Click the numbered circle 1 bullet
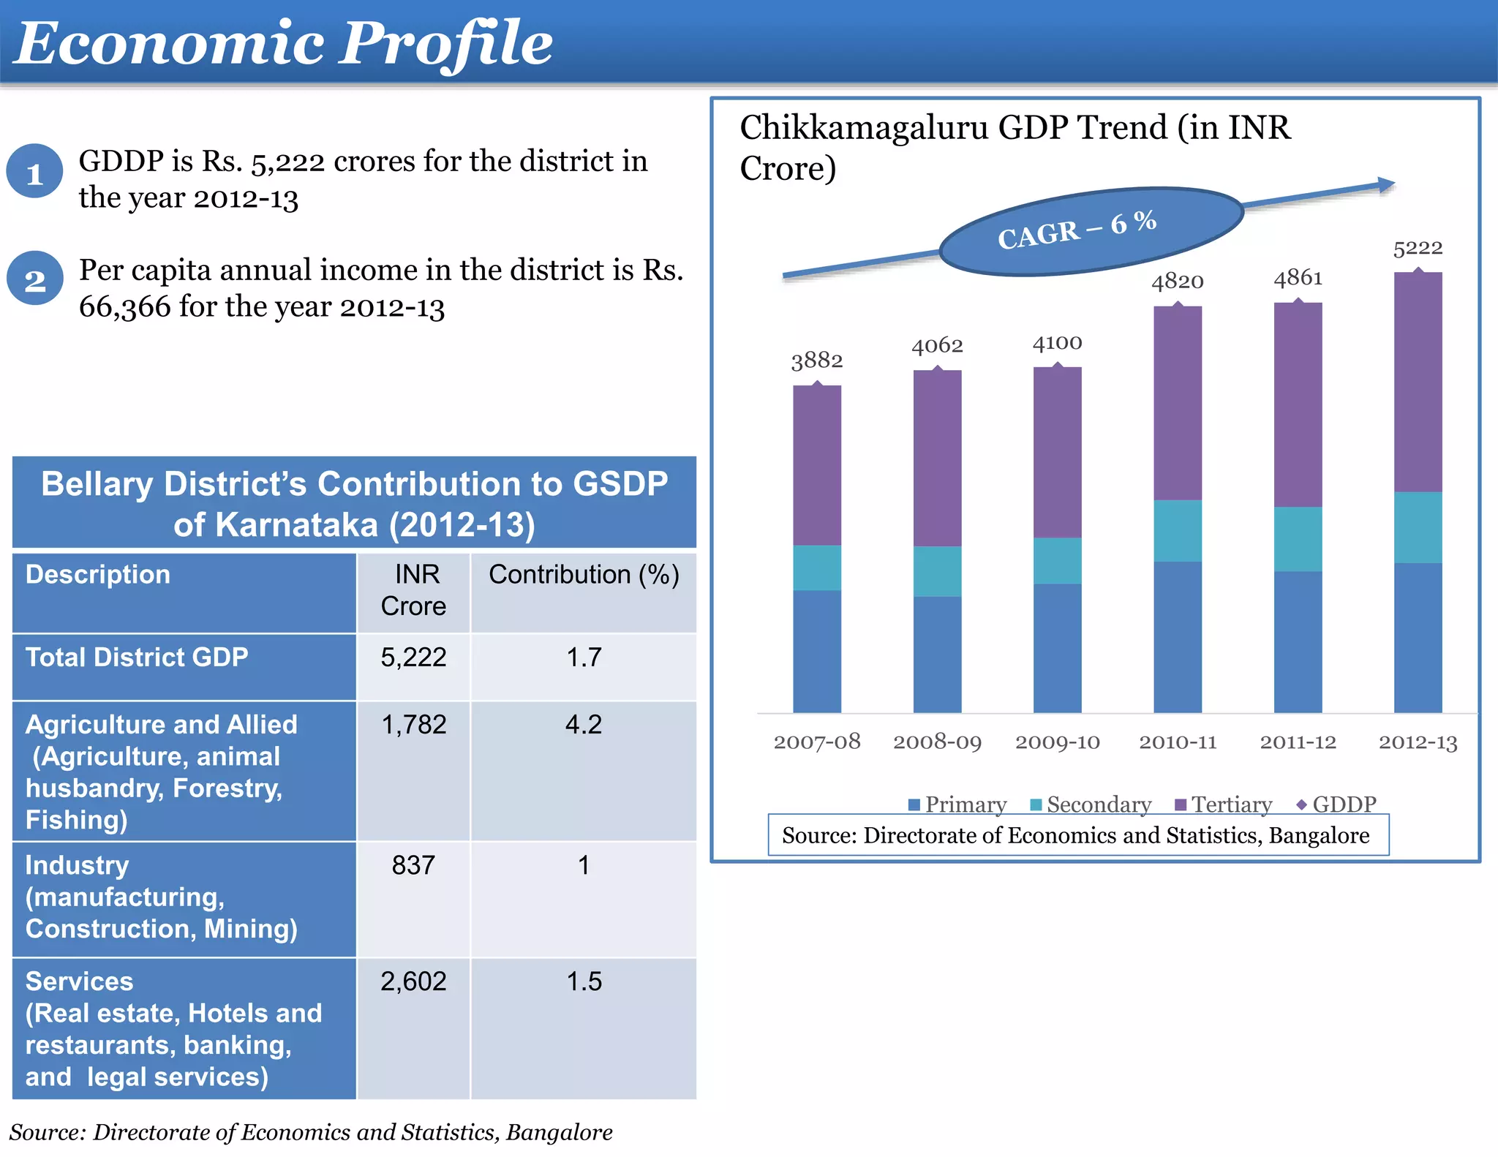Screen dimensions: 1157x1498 pos(34,172)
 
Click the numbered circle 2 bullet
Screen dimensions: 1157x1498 pos(34,279)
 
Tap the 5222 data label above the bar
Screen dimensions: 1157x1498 pos(1418,249)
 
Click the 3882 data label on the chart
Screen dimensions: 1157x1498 pos(816,361)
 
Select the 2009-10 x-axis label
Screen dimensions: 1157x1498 pos(1057,742)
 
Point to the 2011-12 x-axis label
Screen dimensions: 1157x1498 pos(1298,742)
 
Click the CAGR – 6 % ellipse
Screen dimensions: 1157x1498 pos(1091,231)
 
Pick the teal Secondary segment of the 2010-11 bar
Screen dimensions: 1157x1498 pos(1177,530)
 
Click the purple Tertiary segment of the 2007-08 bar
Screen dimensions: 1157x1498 pos(816,465)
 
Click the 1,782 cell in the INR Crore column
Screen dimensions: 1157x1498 pos(413,725)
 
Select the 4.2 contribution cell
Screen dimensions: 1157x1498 pos(584,725)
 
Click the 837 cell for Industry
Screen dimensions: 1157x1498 pos(413,865)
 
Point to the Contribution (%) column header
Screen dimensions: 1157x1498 pos(584,575)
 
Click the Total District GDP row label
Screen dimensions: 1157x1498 pos(137,657)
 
